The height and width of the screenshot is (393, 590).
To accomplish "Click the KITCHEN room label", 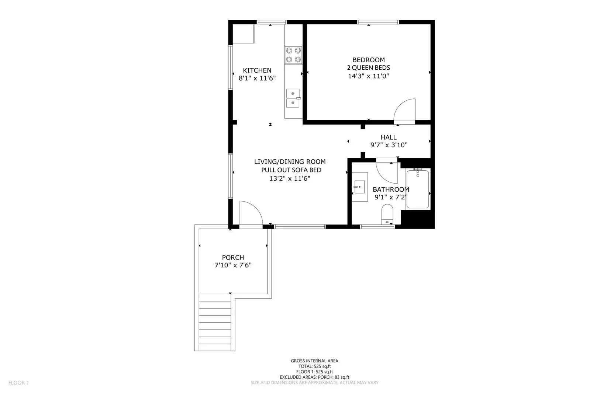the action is [x=257, y=70].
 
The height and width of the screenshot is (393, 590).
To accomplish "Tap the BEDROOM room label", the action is [x=369, y=60].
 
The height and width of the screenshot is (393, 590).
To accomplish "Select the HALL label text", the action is [x=389, y=137].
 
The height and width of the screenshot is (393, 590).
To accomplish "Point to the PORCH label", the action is [x=233, y=257].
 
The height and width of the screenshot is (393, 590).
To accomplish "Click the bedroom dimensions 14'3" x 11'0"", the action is [x=369, y=76].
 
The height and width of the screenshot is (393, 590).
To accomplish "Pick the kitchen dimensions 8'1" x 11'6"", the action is [x=257, y=78].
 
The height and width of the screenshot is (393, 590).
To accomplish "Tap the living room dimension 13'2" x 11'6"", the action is [x=290, y=178].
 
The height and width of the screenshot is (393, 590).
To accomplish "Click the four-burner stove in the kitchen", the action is [x=293, y=55].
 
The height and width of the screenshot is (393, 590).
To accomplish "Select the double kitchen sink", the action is [x=293, y=98].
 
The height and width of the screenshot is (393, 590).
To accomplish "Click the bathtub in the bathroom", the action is [x=417, y=189].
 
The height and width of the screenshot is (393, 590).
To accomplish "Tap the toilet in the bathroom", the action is [x=387, y=214].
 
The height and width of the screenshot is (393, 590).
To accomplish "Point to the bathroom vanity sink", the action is [x=359, y=187].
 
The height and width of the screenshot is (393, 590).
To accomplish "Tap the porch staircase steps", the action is [x=215, y=323].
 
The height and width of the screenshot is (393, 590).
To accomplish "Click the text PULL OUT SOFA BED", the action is [x=291, y=170].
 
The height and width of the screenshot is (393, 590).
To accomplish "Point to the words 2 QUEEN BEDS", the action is [x=369, y=67].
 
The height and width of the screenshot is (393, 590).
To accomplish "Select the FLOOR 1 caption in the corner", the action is [x=18, y=383].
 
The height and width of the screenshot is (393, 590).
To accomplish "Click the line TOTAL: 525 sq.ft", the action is [x=314, y=366].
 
